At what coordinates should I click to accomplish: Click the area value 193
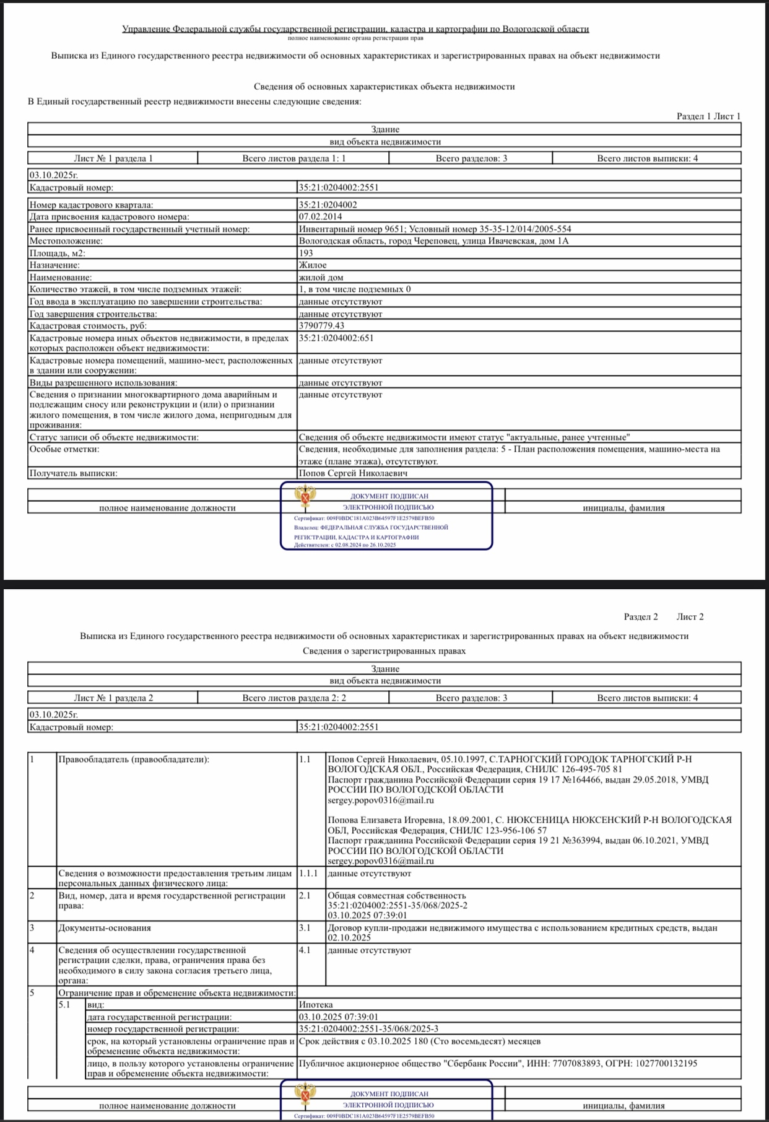[x=306, y=253]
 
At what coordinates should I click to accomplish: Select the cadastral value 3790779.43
[x=321, y=326]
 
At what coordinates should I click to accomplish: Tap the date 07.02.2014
[x=319, y=217]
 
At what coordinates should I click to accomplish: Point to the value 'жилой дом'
[x=321, y=278]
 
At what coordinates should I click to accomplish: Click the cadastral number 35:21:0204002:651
[x=336, y=338]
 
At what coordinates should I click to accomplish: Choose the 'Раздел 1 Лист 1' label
[x=708, y=116]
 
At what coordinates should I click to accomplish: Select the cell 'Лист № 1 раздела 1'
[x=113, y=159]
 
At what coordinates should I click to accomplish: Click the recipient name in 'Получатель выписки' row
[x=353, y=473]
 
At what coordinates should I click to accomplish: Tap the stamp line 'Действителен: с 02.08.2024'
[x=345, y=545]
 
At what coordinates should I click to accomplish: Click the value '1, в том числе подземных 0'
[x=354, y=289]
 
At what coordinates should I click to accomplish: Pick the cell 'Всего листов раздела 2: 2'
[x=293, y=698]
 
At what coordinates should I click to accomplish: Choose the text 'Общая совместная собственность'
[x=396, y=896]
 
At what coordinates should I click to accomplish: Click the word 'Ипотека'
[x=315, y=1005]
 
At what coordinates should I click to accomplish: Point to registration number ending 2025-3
[x=368, y=1029]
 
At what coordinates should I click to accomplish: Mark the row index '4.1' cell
[x=305, y=950]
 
